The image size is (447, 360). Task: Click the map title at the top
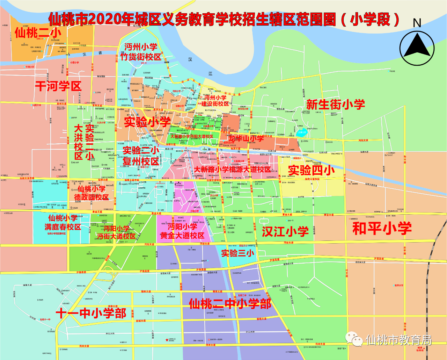tap(223, 19)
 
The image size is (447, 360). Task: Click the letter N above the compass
tap(417, 23)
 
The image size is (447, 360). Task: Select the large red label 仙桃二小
tap(38, 33)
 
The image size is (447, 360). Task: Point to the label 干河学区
tap(58, 86)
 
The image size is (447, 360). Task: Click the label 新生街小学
tap(335, 104)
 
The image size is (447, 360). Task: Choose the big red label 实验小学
tap(147, 122)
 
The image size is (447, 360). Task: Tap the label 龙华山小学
tap(246, 138)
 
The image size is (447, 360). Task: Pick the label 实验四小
tap(311, 170)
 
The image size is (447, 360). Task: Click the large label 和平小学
tap(382, 229)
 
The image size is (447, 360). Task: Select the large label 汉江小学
tap(285, 231)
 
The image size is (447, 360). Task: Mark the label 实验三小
tap(237, 253)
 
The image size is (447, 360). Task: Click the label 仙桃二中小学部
tap(230, 304)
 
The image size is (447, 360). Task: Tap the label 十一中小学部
tap(91, 313)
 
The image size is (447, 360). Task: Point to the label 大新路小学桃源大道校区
tap(232, 170)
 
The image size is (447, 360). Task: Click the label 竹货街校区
tap(141, 57)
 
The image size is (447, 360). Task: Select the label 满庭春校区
tap(63, 227)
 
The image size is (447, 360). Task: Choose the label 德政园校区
tap(91, 197)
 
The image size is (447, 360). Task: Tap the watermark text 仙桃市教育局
tap(398, 340)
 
